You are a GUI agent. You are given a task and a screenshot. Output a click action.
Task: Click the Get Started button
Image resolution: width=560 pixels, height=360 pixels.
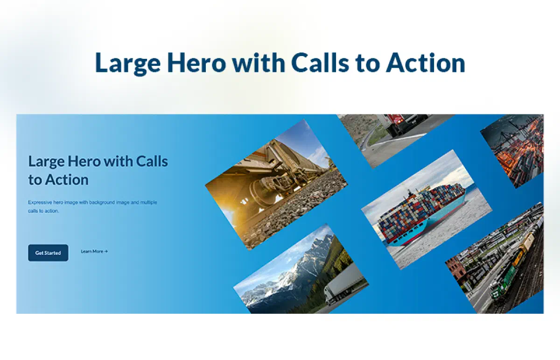[48, 253]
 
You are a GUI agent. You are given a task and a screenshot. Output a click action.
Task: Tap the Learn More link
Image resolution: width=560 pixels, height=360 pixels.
[92, 251]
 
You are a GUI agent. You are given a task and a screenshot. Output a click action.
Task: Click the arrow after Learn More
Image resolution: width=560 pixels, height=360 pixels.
[106, 251]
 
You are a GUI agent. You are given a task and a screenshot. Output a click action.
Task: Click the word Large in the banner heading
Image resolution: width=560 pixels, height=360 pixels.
[47, 162]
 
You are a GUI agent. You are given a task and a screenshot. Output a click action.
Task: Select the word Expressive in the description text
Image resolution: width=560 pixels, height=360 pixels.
[40, 202]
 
